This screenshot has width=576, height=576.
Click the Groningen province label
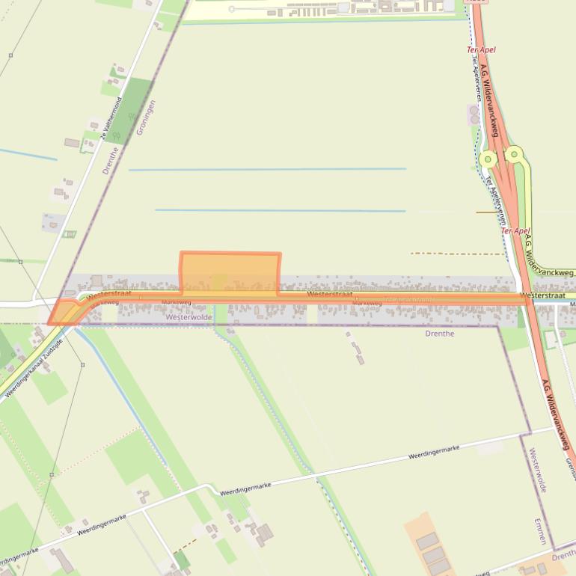tap(146, 117)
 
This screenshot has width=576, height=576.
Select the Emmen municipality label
tap(540, 532)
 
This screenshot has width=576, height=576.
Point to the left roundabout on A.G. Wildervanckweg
tap(488, 159)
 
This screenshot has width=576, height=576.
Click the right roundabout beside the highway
tap(514, 155)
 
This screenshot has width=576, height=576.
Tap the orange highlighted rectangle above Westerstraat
tap(230, 271)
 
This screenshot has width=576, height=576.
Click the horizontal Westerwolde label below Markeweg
tap(189, 317)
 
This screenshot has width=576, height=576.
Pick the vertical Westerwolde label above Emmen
tap(537, 470)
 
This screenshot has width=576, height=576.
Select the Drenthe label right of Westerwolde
tap(439, 334)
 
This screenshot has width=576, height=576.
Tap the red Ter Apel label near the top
tap(481, 50)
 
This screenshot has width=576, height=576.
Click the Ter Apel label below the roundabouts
tap(515, 231)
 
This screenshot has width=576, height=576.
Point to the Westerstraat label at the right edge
tap(543, 295)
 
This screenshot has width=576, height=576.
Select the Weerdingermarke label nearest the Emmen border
tap(433, 452)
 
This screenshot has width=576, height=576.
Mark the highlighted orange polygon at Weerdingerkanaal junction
tap(64, 312)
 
